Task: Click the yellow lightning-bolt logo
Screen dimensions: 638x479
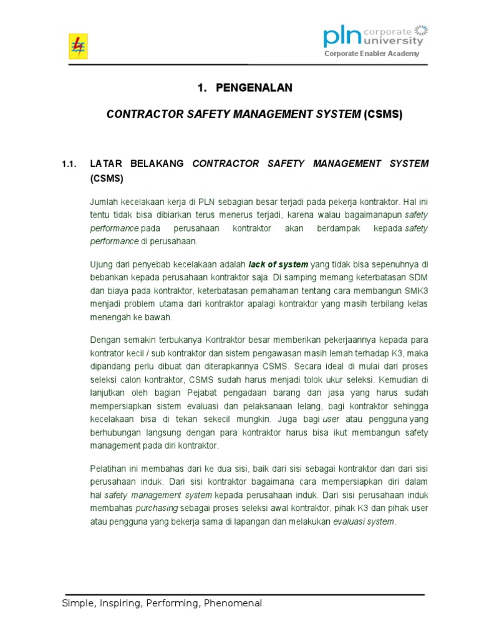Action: coord(78,46)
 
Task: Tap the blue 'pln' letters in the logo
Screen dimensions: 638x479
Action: coord(342,37)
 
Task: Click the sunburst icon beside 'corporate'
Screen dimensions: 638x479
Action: coord(421,30)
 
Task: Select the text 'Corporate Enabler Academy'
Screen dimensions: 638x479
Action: coord(372,54)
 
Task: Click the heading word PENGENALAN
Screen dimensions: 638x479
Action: coord(254,88)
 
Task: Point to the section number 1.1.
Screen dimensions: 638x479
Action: coord(69,164)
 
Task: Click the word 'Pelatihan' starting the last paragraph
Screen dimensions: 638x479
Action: coord(109,468)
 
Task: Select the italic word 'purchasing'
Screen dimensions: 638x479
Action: coord(156,508)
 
